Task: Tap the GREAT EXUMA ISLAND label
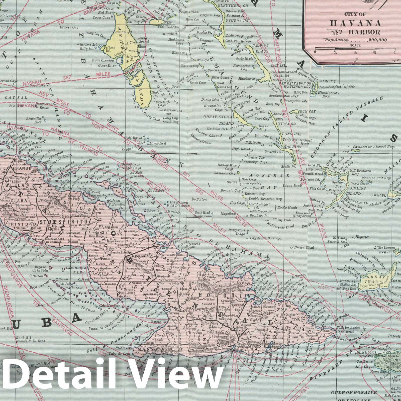click(x=218, y=120)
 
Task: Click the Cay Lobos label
click(x=156, y=190)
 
